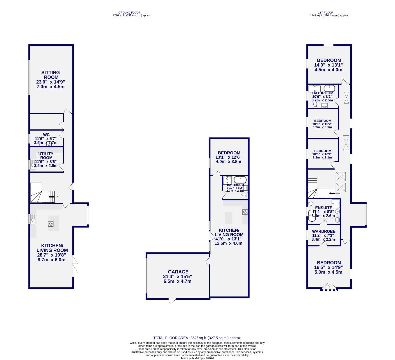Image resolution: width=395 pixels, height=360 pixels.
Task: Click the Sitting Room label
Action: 51,75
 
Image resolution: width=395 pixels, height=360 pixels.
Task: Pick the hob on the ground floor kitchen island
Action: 51,224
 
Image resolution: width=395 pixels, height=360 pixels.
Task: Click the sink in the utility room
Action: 33,163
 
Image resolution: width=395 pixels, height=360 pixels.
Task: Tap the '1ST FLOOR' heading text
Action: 329,13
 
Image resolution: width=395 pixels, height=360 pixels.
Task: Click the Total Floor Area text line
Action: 197,338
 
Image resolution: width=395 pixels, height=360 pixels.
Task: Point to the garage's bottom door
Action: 172,301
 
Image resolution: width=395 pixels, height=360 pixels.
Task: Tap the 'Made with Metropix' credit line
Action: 197,358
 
